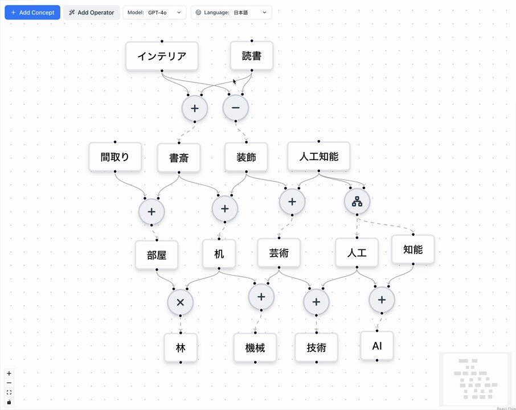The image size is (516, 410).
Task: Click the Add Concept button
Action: (32, 13)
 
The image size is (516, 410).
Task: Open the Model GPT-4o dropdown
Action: (154, 13)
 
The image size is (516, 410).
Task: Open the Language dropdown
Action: (231, 13)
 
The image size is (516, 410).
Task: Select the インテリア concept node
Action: (162, 56)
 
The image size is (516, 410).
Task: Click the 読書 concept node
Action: (252, 56)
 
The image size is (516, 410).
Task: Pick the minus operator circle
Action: (236, 108)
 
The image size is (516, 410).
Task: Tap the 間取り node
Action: (115, 157)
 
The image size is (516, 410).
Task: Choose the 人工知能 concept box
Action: (319, 156)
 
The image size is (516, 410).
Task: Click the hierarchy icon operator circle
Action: (357, 202)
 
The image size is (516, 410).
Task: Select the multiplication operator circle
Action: (181, 302)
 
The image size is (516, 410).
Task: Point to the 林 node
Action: (181, 348)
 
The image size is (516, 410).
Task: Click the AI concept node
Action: (377, 346)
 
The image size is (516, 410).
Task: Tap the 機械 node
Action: (255, 348)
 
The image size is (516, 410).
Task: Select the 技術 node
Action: (317, 347)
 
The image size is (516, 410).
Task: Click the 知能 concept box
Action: (413, 249)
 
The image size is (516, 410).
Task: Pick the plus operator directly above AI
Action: (382, 300)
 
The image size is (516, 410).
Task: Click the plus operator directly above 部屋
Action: (151, 212)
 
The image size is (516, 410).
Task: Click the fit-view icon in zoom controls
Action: (9, 392)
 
